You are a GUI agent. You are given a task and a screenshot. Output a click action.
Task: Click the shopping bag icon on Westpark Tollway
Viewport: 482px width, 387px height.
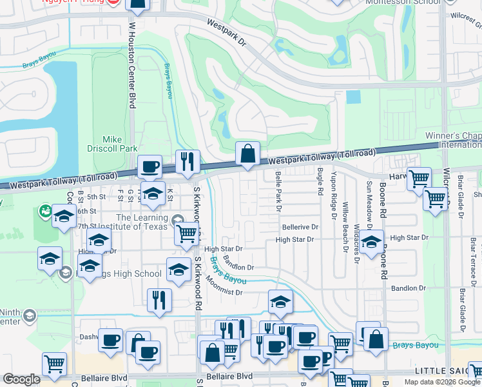[247, 154]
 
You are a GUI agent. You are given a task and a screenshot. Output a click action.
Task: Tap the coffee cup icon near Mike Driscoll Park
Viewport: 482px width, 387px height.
[149, 167]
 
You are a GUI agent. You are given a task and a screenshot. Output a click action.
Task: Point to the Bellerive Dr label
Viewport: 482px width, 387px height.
[300, 227]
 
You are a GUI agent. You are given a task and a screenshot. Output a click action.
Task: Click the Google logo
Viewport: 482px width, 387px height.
[21, 379]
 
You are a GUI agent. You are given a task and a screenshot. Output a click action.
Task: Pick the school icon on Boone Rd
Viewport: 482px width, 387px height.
[372, 243]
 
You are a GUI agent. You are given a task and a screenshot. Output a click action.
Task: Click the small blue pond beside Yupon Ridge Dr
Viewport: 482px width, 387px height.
[353, 97]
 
